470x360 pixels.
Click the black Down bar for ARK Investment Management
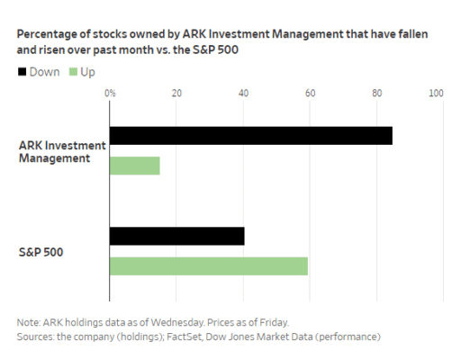coord(250,136)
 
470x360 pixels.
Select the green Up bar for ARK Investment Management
coord(134,166)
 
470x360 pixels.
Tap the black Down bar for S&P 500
coord(176,237)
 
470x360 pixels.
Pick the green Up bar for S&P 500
coord(208,266)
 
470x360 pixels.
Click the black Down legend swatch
coord(23,70)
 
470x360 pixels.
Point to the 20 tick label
coord(176,93)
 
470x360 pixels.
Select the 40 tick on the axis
coord(243,93)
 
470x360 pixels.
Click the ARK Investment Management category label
coord(62,151)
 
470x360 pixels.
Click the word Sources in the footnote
coord(36,337)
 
